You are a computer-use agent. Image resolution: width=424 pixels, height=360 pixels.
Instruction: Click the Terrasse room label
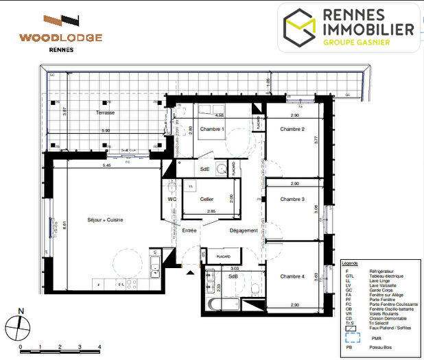pos(105,112)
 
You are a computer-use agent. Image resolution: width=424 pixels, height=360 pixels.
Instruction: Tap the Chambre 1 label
pos(212,130)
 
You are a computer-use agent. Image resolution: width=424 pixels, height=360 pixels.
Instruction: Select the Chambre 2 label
pos(292,130)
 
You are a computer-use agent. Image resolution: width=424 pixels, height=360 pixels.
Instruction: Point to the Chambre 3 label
pos(292,200)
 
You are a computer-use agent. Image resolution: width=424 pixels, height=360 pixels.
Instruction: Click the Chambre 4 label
pos(292,276)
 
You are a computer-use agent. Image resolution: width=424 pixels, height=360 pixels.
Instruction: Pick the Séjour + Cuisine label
pos(105,219)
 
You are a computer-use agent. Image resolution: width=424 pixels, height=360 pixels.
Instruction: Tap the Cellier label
pos(207,200)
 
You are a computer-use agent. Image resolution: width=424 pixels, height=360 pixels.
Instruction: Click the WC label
pos(172,200)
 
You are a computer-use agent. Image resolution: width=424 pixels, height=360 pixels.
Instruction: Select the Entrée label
pos(189,230)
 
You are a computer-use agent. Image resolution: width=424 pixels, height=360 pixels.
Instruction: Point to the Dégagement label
pos(244,230)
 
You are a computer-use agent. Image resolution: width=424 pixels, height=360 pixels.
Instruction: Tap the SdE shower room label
pos(204,169)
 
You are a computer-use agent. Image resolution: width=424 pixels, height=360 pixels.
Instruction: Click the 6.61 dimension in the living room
pos(63,224)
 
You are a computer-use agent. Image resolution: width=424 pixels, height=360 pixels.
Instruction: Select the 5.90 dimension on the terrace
pos(105,130)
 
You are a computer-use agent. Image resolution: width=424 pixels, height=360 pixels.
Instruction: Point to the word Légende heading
pos(350,263)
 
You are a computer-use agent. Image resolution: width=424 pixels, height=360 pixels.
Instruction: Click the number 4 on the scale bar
pos(101,348)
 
